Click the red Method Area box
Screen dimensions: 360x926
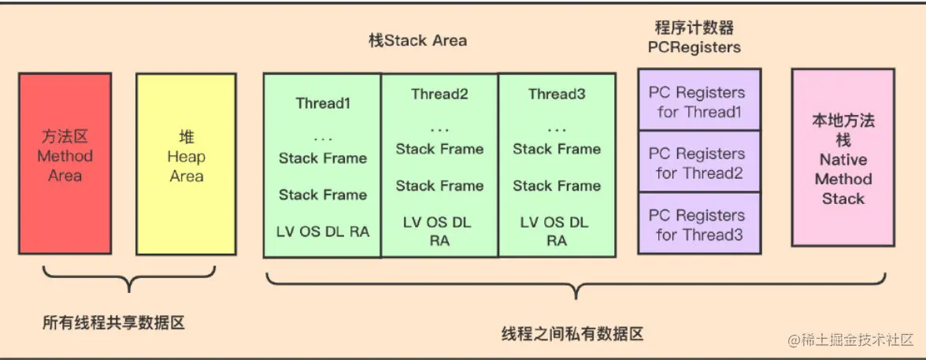tap(65, 163)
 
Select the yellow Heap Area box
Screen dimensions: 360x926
tap(186, 163)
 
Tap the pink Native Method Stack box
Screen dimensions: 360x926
tap(843, 158)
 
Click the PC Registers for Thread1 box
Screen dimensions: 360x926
tap(699, 102)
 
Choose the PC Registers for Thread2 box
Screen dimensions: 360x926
tap(699, 163)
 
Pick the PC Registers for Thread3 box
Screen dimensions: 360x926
tap(699, 225)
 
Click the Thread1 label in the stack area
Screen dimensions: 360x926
tap(323, 103)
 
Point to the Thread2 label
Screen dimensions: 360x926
tap(439, 95)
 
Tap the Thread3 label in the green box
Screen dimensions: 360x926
tap(557, 95)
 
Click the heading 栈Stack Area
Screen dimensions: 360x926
tap(417, 40)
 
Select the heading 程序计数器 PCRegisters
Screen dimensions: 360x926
tap(694, 37)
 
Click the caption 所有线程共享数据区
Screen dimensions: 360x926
tap(113, 323)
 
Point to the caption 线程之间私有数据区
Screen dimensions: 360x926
tap(572, 334)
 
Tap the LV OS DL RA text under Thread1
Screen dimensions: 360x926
tap(323, 232)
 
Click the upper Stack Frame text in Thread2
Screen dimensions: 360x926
tap(439, 149)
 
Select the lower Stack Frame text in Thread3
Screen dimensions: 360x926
tap(557, 186)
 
